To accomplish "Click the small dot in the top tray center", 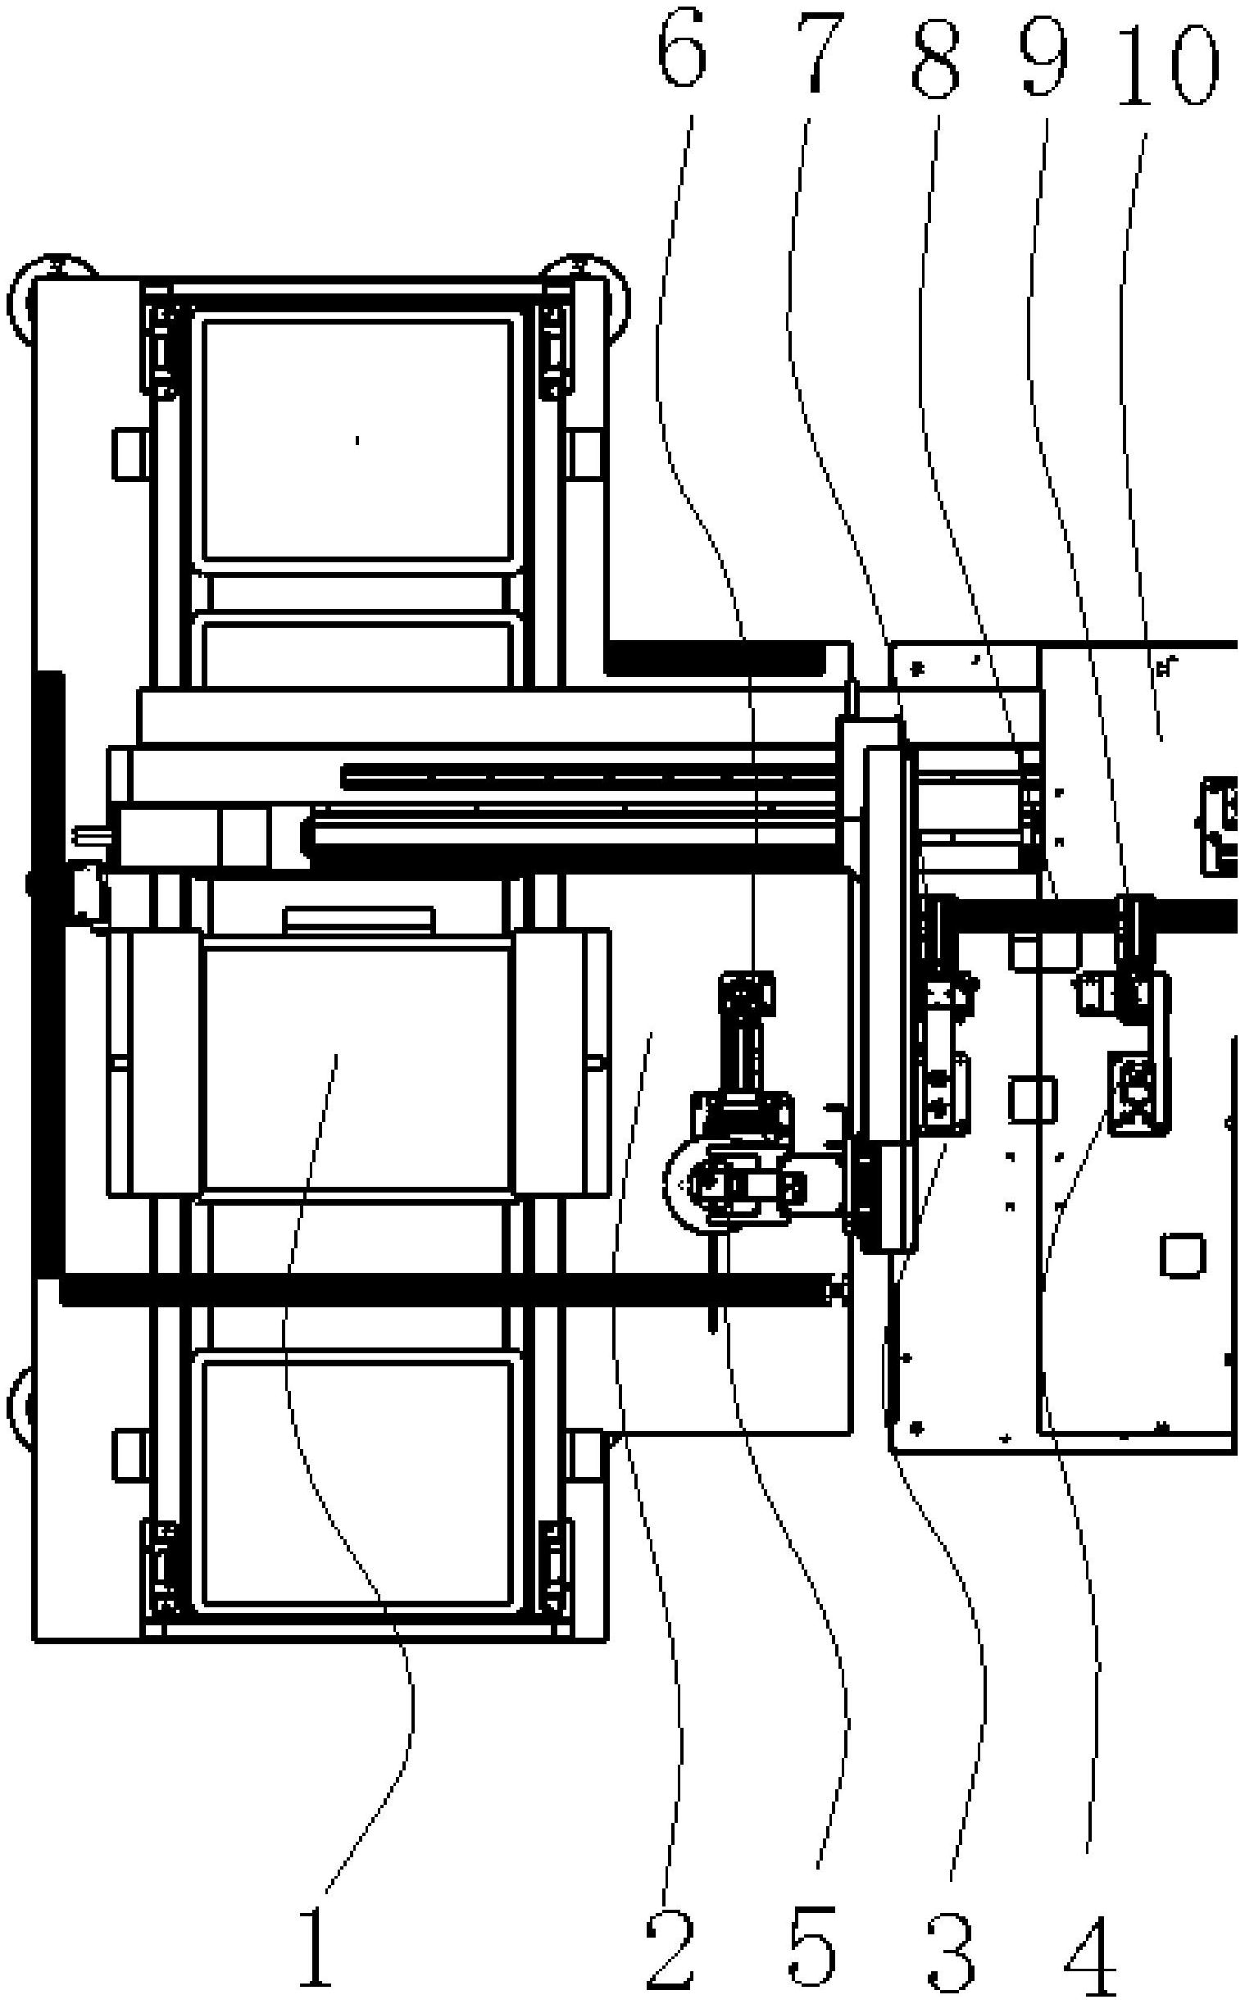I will pyautogui.click(x=357, y=440).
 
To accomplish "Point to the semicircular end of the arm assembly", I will pyautogui.click(x=682, y=1185).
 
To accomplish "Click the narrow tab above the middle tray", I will pyautogui.click(x=358, y=919).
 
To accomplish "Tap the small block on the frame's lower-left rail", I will pyautogui.click(x=129, y=1454).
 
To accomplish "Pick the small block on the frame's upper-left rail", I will pyautogui.click(x=129, y=453).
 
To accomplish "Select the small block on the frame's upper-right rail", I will pyautogui.click(x=585, y=453).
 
